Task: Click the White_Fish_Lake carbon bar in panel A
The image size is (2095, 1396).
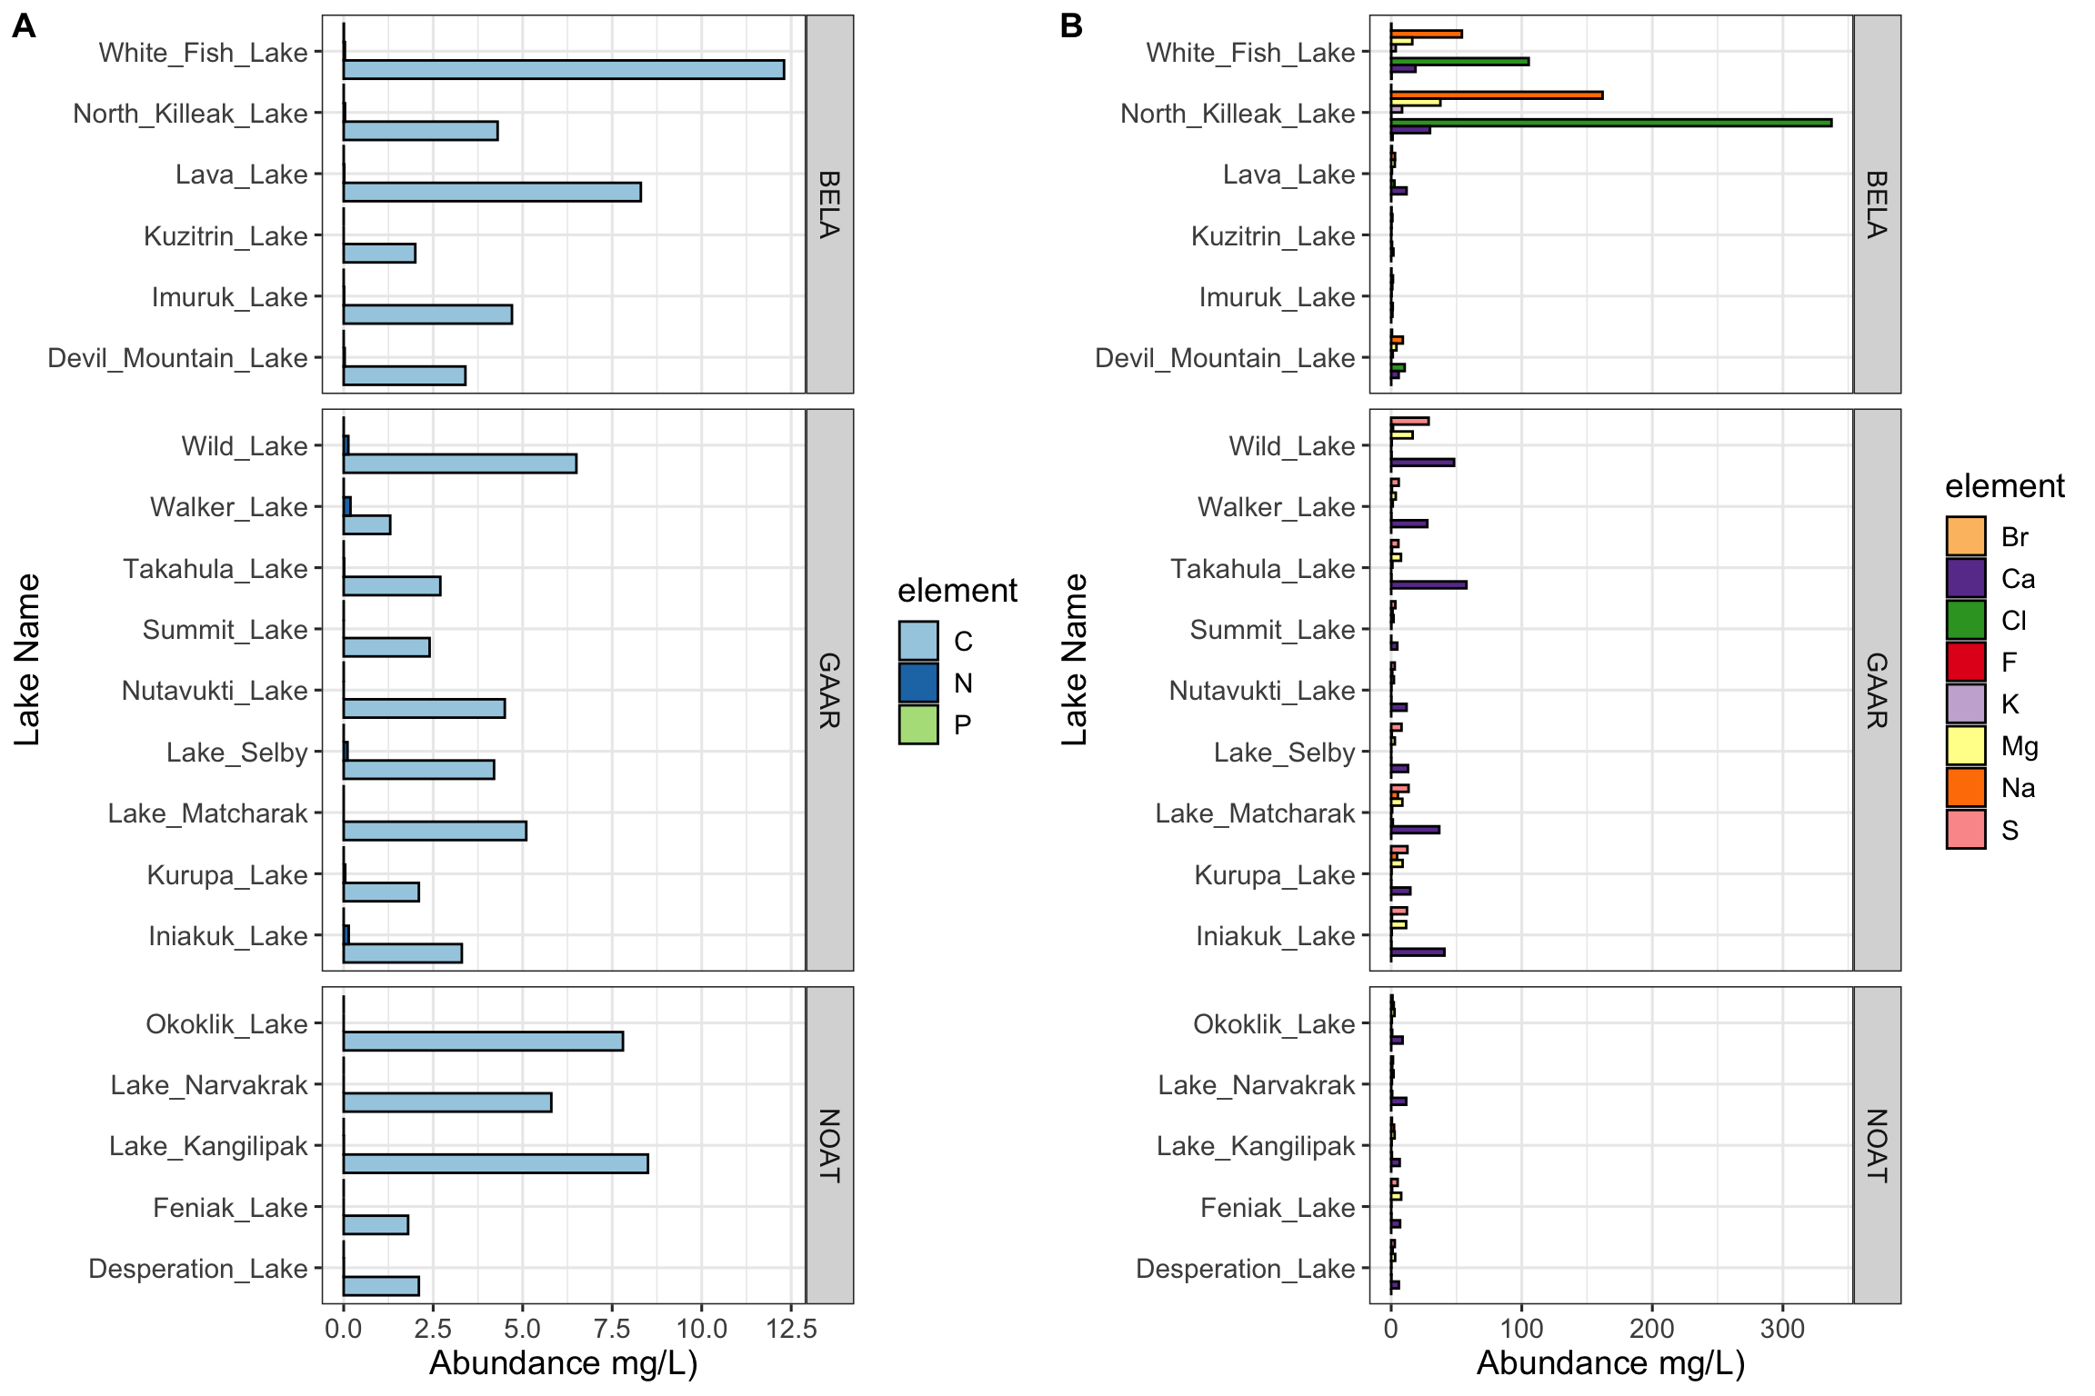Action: pyautogui.click(x=564, y=70)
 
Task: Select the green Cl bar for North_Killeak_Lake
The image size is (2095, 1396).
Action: pyautogui.click(x=1609, y=123)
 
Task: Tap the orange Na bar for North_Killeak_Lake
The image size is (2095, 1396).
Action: pyautogui.click(x=1496, y=95)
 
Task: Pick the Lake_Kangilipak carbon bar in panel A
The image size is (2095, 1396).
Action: pyautogui.click(x=496, y=1163)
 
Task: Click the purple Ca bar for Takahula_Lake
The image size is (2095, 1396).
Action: pyautogui.click(x=1428, y=585)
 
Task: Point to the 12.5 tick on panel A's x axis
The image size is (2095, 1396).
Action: pyautogui.click(x=791, y=1329)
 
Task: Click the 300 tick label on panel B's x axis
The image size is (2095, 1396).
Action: pyautogui.click(x=1782, y=1329)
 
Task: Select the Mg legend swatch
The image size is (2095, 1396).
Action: pyautogui.click(x=1965, y=746)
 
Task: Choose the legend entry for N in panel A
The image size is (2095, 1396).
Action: pyautogui.click(x=918, y=683)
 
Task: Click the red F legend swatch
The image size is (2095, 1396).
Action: pyautogui.click(x=1965, y=663)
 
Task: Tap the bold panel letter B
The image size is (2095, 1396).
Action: pyautogui.click(x=1071, y=26)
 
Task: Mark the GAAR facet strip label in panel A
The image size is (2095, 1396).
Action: pyautogui.click(x=829, y=690)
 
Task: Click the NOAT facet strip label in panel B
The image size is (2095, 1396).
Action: pyautogui.click(x=1877, y=1145)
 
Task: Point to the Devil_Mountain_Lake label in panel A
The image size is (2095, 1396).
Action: pyautogui.click(x=178, y=358)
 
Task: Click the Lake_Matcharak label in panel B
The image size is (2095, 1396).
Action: pyautogui.click(x=1255, y=813)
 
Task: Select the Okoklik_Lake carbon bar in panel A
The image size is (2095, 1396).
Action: pyautogui.click(x=483, y=1041)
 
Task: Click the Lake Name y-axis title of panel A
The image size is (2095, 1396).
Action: pyautogui.click(x=27, y=659)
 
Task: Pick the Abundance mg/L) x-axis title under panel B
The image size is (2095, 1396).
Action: pyautogui.click(x=1610, y=1363)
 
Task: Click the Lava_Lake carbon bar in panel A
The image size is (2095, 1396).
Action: pyautogui.click(x=492, y=192)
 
